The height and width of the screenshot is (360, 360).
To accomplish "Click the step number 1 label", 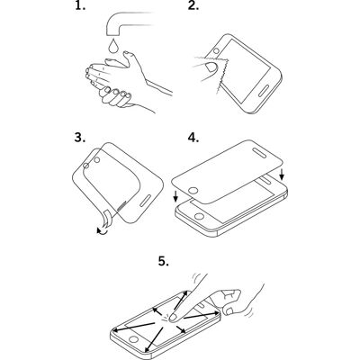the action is [80, 6].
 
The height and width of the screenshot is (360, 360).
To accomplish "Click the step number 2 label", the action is [193, 6].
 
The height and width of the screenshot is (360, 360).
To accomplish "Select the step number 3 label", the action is [80, 138].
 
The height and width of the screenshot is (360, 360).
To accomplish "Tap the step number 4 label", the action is [193, 138].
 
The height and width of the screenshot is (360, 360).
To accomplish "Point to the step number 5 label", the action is [164, 261].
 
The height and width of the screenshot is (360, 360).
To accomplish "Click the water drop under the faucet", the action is [112, 46].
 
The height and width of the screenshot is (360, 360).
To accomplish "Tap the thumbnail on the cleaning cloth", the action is [211, 67].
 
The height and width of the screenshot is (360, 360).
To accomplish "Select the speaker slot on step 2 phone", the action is [265, 92].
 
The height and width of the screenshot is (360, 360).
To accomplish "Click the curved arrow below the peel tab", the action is [103, 231].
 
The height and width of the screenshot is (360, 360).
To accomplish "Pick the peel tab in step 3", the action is [106, 220].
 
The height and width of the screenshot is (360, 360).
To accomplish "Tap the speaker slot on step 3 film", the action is [146, 201].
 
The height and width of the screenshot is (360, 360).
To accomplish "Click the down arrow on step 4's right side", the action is [281, 175].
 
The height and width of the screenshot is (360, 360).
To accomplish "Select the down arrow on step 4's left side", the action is [175, 195].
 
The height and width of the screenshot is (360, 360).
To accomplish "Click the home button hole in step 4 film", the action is [193, 191].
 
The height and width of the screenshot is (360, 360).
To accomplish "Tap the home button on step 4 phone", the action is [199, 216].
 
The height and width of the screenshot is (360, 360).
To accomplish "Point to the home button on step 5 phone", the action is [134, 339].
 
